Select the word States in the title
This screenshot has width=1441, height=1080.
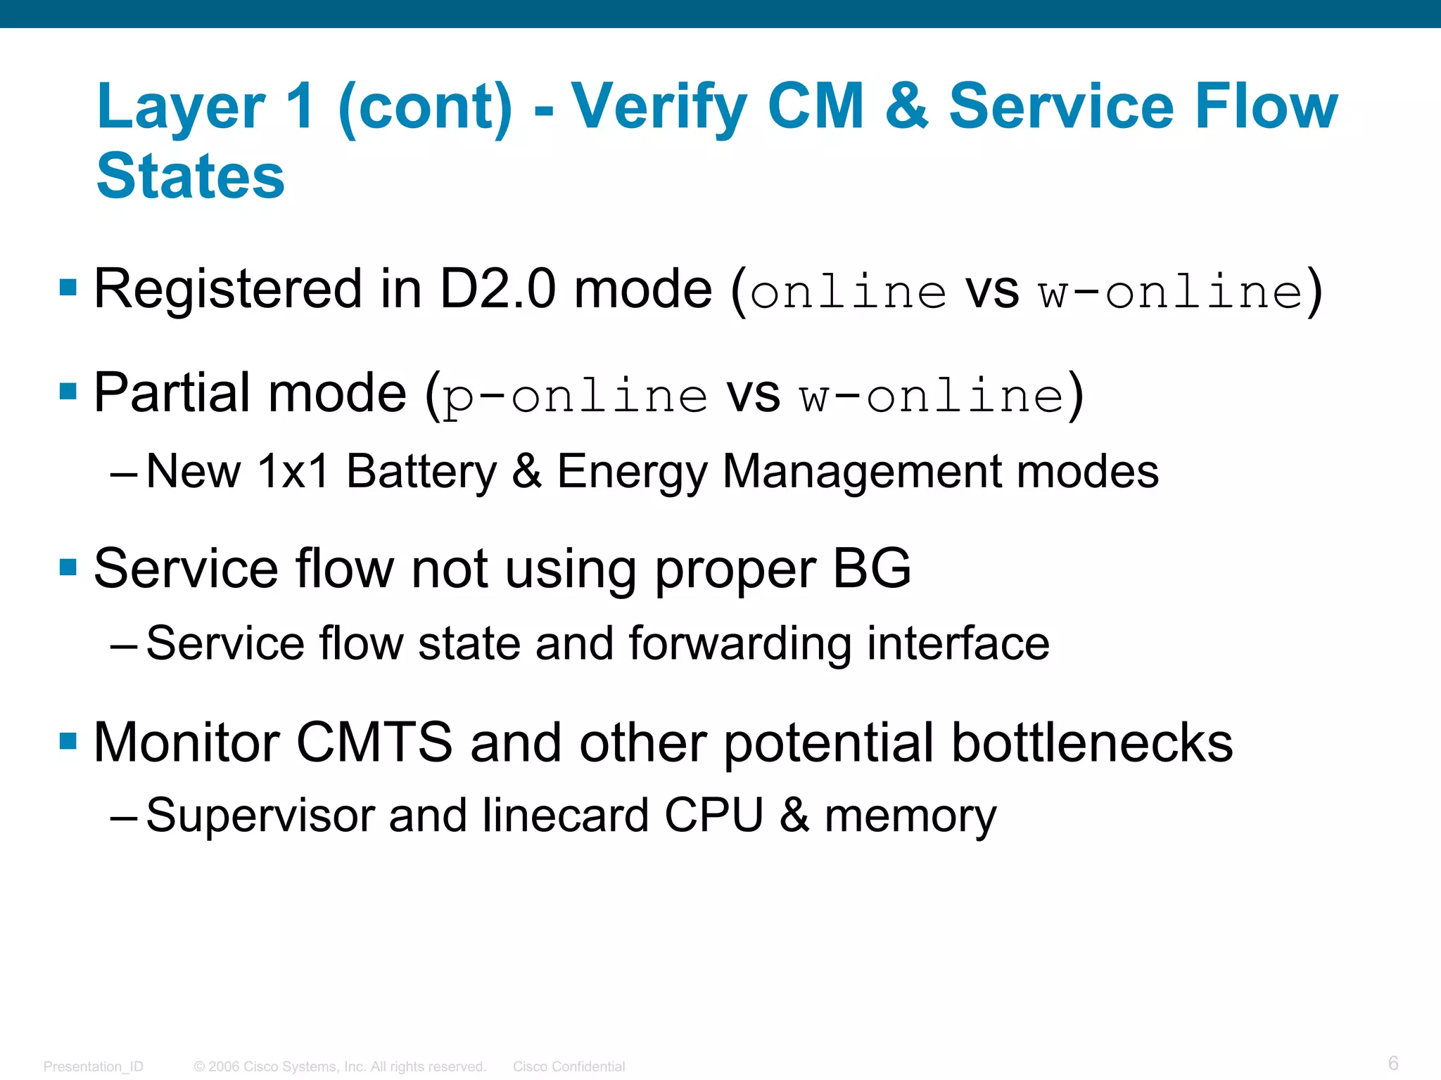pyautogui.click(x=191, y=176)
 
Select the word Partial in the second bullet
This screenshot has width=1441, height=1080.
pyautogui.click(x=172, y=392)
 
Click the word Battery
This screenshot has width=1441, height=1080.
pyautogui.click(x=421, y=472)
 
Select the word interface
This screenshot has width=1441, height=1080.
pyautogui.click(x=958, y=643)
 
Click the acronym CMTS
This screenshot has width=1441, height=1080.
pyautogui.click(x=374, y=742)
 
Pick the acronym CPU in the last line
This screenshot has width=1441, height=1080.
pyautogui.click(x=713, y=816)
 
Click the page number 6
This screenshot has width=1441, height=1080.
pyautogui.click(x=1392, y=1062)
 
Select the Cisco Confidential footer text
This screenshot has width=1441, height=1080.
pyautogui.click(x=569, y=1066)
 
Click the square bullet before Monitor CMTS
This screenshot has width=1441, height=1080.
pyautogui.click(x=68, y=741)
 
